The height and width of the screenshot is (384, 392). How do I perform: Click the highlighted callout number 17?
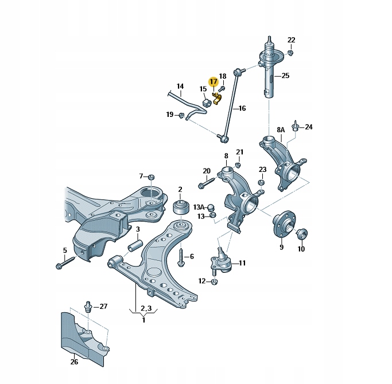213,82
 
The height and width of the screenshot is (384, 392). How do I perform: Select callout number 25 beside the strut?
285,76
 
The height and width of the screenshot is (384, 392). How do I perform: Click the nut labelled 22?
291,53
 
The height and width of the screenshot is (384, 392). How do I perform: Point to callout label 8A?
281,130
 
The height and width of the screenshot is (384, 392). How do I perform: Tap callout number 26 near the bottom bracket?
74,362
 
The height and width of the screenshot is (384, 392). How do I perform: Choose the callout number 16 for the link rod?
242,108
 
